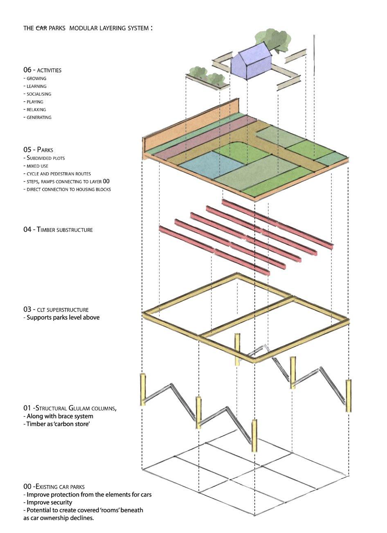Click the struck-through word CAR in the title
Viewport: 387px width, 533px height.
[x=41, y=29]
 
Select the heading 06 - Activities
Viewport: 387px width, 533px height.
[x=42, y=70]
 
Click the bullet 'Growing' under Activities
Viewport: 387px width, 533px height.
[x=36, y=78]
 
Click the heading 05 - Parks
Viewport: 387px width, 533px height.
[x=38, y=150]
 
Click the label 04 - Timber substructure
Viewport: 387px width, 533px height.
[x=58, y=229]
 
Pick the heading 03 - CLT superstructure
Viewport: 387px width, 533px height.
[x=56, y=309]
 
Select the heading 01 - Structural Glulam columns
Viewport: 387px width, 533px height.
[x=70, y=408]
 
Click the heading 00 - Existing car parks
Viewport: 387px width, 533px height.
[x=54, y=486]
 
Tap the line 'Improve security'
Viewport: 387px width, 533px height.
[x=48, y=502]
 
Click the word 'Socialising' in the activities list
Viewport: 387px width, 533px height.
[x=38, y=94]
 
